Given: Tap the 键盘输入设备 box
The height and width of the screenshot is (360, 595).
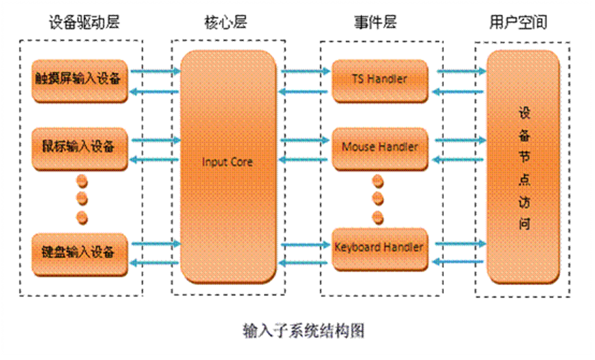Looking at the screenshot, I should (80, 252).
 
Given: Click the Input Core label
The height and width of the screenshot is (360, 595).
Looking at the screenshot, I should (227, 163).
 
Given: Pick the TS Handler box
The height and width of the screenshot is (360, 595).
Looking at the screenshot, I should (379, 80).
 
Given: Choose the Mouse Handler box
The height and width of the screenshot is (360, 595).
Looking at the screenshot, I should (379, 148).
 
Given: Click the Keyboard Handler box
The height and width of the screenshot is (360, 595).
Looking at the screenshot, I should (379, 246).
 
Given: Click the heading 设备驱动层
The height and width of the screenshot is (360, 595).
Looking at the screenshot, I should (84, 23).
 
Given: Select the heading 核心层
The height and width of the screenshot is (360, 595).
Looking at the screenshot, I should (227, 23).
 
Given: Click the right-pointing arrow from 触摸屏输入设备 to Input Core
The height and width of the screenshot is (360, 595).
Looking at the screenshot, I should (156, 70).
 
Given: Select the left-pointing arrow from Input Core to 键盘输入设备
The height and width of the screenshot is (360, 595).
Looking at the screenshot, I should (156, 263).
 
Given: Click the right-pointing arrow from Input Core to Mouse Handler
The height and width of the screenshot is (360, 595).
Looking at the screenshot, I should (306, 139).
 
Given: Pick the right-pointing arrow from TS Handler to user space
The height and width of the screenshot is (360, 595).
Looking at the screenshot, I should (461, 70).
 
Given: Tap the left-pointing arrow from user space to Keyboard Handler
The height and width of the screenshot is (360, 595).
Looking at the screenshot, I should (461, 261).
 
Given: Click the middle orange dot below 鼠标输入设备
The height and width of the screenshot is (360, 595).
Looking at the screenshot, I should (82, 200).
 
